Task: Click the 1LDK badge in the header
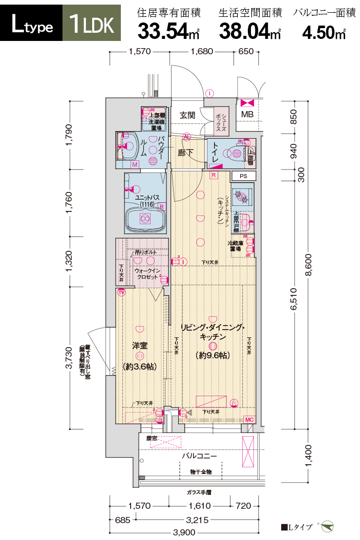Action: [x=92, y=24]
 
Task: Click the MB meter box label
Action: [x=247, y=114]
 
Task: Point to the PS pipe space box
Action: [x=243, y=176]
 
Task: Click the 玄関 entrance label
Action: [x=187, y=116]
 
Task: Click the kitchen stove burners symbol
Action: [x=241, y=195]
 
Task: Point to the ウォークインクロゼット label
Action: [x=148, y=273]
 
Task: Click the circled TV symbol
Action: [x=121, y=293]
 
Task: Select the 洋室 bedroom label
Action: [x=140, y=346]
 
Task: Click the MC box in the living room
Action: [x=249, y=420]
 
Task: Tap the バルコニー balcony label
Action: [x=199, y=456]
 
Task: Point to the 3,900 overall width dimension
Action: [x=184, y=533]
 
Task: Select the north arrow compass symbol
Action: [x=327, y=526]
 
